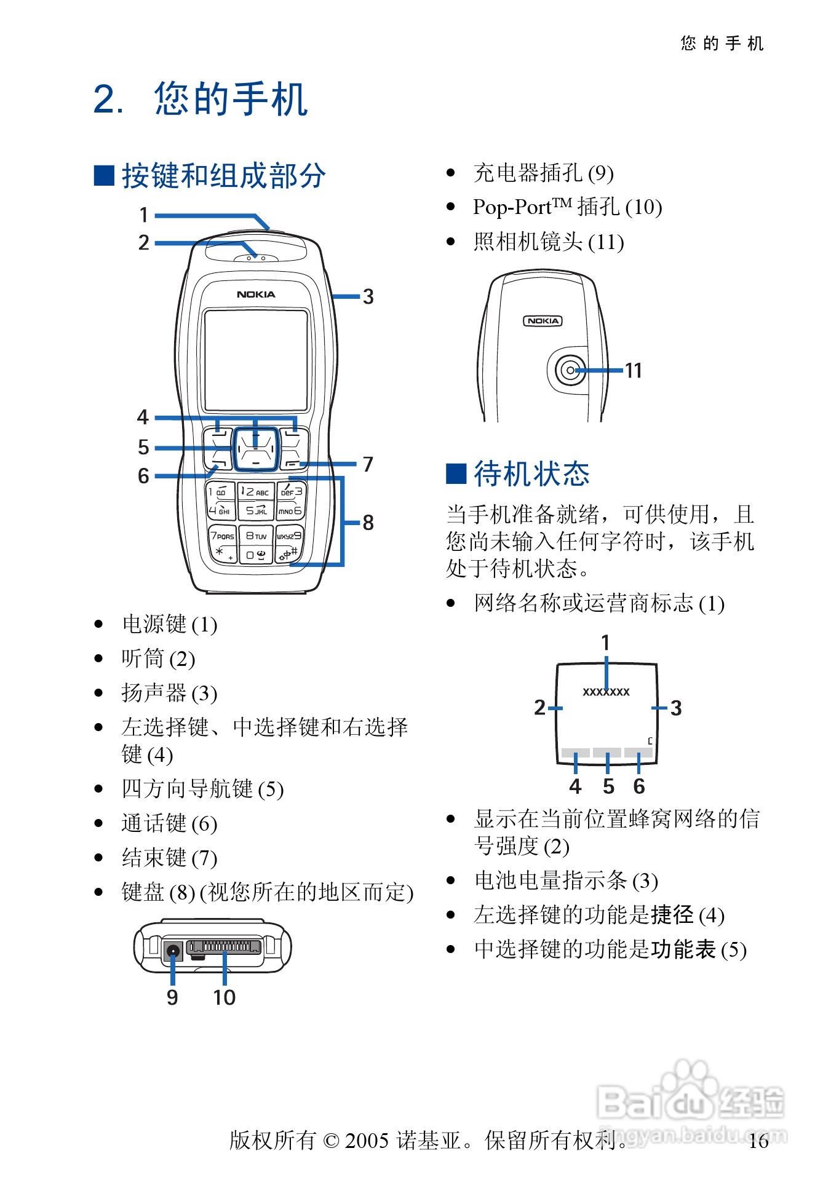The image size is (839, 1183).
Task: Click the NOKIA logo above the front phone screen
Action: (x=256, y=295)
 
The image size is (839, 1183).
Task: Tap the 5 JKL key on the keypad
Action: (x=256, y=510)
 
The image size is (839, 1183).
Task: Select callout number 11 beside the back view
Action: (x=633, y=370)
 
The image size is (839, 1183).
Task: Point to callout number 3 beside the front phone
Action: (x=368, y=296)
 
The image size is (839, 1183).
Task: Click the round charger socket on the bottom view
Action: (x=173, y=951)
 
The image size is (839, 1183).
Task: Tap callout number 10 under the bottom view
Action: (x=224, y=997)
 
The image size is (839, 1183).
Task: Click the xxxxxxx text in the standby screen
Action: (x=606, y=692)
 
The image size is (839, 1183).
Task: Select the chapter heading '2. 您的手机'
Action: (x=201, y=99)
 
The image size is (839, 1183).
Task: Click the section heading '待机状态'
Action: (x=531, y=474)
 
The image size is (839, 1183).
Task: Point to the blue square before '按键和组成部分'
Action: (x=104, y=175)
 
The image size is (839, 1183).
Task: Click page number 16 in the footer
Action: (x=758, y=1141)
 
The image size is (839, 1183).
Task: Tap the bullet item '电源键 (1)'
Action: (x=169, y=625)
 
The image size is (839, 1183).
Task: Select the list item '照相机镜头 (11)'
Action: (x=549, y=242)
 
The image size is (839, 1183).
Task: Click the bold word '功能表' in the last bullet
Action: (x=683, y=949)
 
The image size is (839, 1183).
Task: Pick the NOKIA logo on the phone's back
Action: (x=543, y=321)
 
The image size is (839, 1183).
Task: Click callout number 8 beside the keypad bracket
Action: (x=368, y=523)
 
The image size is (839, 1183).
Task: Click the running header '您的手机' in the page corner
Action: (x=722, y=43)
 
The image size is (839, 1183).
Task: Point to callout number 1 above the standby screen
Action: (x=605, y=643)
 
